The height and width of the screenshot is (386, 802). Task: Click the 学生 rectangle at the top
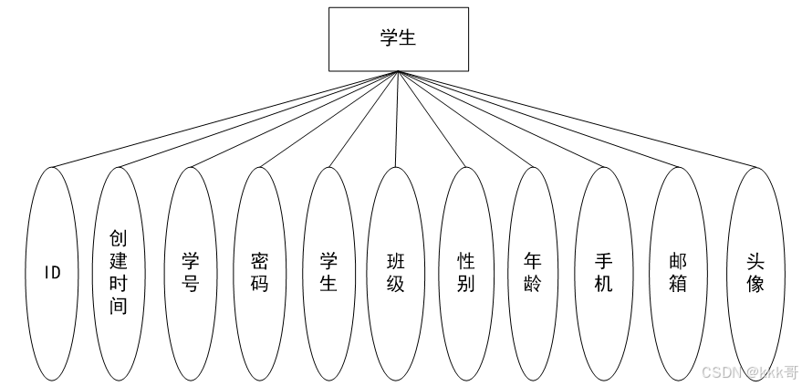399,39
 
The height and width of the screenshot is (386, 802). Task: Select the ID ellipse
52,272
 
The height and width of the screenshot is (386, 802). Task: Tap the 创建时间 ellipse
120,272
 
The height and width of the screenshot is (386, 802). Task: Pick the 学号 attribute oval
190,272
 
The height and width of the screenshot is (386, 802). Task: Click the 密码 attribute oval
259,272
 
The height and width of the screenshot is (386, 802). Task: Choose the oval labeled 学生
328,272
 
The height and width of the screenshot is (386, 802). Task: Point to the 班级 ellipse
396,272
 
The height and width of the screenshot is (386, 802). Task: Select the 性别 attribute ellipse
465,272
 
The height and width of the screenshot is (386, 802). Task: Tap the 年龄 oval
534,272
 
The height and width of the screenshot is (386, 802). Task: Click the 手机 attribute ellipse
603,272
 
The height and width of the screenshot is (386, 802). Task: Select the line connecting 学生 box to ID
224,120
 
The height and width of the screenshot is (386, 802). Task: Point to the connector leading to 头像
577,119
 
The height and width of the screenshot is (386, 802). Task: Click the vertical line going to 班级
397,119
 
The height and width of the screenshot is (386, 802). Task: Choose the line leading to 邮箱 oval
538,119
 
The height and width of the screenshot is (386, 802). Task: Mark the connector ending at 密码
328,120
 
